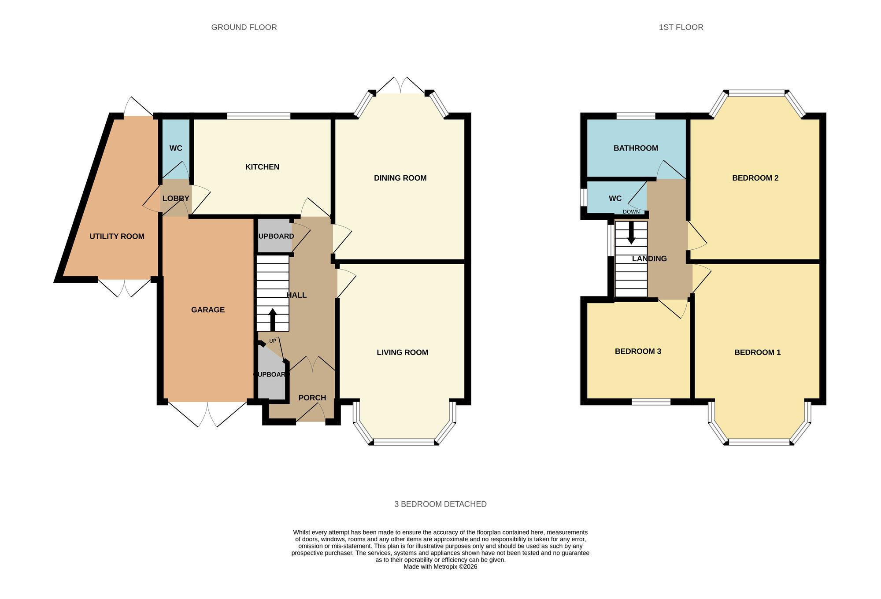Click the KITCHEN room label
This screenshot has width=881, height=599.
click(x=262, y=167)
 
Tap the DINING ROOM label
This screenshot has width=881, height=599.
click(x=400, y=178)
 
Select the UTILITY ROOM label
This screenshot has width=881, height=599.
click(x=117, y=237)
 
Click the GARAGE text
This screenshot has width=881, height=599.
click(x=208, y=310)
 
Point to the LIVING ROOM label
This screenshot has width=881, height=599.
click(x=402, y=352)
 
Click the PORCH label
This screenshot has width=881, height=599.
click(x=312, y=398)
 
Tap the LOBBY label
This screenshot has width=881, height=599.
click(x=176, y=199)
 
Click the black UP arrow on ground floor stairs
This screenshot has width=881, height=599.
click(x=273, y=319)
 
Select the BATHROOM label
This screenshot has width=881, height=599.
click(x=636, y=148)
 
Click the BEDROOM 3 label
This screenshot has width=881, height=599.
click(x=638, y=351)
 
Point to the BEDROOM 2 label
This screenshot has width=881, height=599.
click(x=755, y=178)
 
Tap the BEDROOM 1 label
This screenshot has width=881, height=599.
click(x=757, y=352)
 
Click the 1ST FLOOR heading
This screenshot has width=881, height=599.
click(x=681, y=27)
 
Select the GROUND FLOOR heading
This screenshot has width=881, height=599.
click(x=244, y=27)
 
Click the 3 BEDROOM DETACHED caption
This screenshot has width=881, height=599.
click(x=440, y=504)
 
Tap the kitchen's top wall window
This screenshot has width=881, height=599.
click(x=259, y=116)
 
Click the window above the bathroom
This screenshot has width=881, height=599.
click(x=635, y=116)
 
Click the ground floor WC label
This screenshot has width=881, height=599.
click(x=176, y=148)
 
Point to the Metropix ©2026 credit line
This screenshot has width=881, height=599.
click(x=440, y=567)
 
